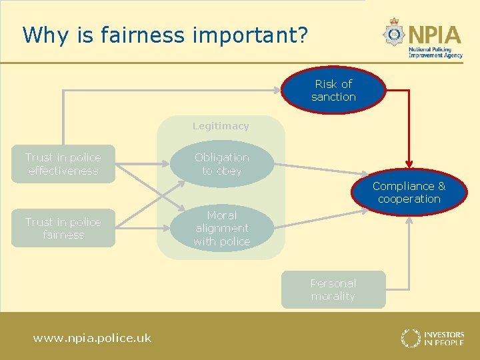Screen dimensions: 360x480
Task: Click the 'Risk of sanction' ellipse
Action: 333,90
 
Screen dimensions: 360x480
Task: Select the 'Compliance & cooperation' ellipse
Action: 409,192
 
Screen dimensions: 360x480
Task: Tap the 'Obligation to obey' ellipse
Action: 222,164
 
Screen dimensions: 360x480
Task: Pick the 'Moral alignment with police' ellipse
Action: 222,229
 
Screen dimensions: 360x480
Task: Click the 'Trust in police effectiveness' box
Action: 63,164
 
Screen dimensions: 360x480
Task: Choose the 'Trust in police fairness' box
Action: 63,229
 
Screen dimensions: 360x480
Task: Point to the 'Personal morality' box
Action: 333,289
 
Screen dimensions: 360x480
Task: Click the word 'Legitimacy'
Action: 221,126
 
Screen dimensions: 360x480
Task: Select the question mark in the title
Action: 303,35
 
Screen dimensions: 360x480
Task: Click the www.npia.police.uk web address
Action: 92,338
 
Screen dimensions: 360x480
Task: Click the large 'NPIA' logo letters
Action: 435,34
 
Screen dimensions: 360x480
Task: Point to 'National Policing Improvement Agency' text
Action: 435,53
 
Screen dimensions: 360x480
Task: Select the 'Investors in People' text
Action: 444,338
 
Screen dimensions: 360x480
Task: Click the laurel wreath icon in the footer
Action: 411,338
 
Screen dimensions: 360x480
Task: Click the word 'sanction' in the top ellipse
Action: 333,97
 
